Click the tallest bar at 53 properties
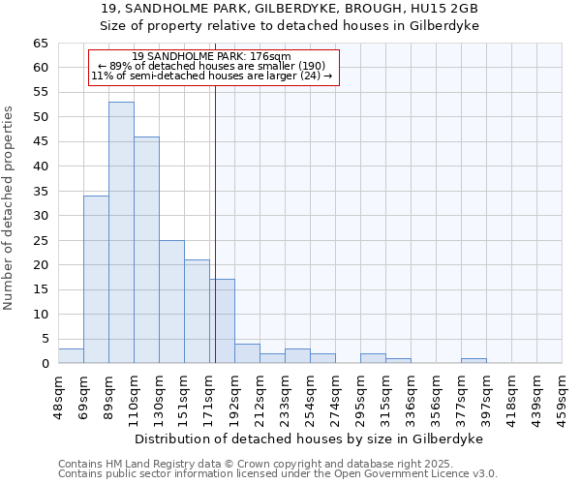pos(121,232)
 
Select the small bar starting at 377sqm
pos(474,361)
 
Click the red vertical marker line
pos(215,242)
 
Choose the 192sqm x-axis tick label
pos(234,394)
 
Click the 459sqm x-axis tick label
pos(562,394)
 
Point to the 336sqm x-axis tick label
pos(411,394)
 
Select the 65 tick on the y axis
pos(40,44)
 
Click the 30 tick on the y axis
pos(40,216)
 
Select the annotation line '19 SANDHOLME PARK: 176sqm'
pos(211,57)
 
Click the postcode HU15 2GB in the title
pos(444,8)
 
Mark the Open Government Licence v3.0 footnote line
pos(278,474)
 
